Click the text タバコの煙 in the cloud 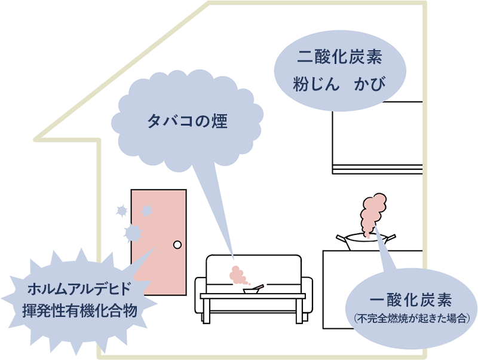click(187, 121)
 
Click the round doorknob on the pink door click(177, 245)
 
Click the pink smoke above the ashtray click(238, 275)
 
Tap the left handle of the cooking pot click(342, 238)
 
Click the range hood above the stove click(376, 138)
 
